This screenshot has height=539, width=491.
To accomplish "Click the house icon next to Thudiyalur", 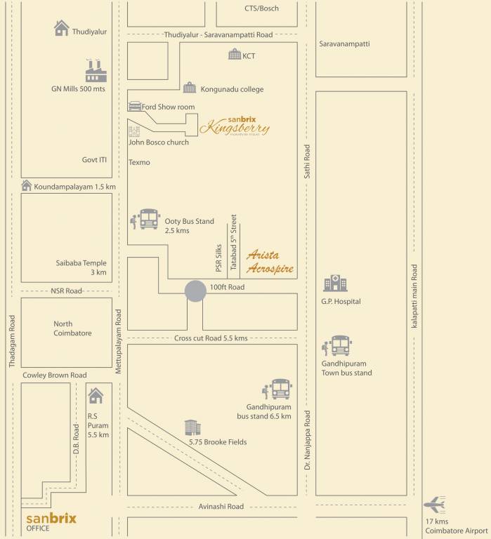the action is [x=62, y=28].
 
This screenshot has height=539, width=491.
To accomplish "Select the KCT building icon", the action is [x=235, y=55].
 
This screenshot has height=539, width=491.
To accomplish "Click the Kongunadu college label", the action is [x=233, y=89].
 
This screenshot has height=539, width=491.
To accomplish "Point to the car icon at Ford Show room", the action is [x=135, y=106].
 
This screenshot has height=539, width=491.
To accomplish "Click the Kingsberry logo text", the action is [x=234, y=127].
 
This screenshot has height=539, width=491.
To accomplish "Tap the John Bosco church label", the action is [x=159, y=142].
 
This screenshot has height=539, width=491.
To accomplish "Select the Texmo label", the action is [x=139, y=162].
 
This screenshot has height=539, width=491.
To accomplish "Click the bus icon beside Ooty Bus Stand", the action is [x=149, y=219].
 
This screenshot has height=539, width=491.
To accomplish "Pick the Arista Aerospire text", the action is [x=269, y=262].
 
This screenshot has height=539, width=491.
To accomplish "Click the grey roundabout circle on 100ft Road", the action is [x=195, y=291].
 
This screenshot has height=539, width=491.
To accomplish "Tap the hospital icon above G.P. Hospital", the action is [x=334, y=283].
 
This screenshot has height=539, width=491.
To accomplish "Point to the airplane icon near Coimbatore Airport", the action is [x=436, y=505].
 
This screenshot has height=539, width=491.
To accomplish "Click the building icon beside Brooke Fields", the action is [x=191, y=427].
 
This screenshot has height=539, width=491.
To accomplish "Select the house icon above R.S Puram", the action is [x=95, y=395].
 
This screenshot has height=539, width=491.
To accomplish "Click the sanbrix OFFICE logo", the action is [x=51, y=521].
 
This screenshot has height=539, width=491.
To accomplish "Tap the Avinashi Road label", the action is [x=221, y=506].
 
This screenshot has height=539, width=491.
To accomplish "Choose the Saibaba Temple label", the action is [x=82, y=267].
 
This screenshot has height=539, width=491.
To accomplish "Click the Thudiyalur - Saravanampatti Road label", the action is [x=218, y=34].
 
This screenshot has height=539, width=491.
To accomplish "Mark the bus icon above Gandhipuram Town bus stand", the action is [x=340, y=345].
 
